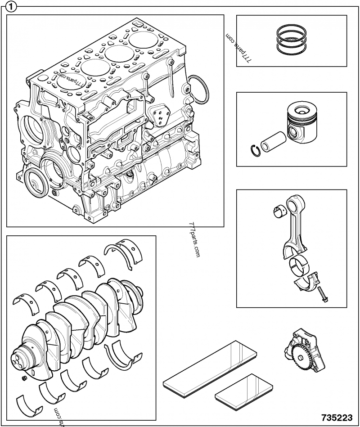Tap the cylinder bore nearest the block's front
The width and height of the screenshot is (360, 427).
67,81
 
